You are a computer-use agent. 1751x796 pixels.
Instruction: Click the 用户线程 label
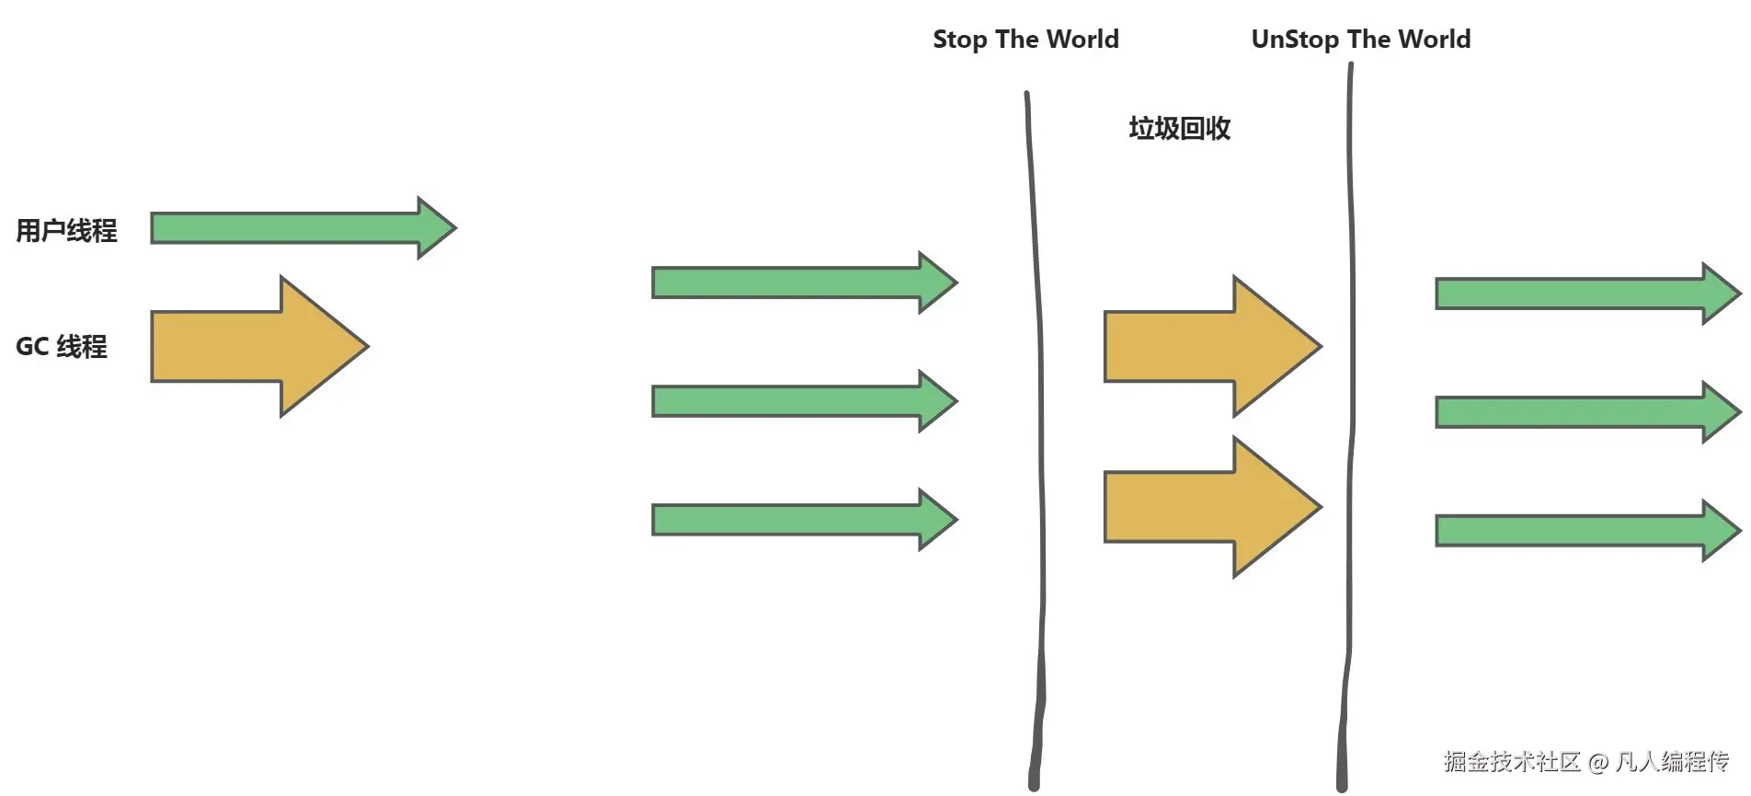[66, 230]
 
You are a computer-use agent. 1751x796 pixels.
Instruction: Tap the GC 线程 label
[62, 347]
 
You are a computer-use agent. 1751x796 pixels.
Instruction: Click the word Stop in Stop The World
[959, 40]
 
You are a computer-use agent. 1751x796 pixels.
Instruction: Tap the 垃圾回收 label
[1179, 128]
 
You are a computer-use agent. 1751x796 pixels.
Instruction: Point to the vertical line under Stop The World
[1039, 414]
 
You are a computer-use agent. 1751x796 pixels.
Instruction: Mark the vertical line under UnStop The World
[1350, 414]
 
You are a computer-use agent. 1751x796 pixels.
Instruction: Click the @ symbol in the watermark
[1598, 763]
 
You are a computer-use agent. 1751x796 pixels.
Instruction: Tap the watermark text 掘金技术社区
[1511, 762]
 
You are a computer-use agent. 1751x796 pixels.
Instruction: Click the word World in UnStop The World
[1434, 40]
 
